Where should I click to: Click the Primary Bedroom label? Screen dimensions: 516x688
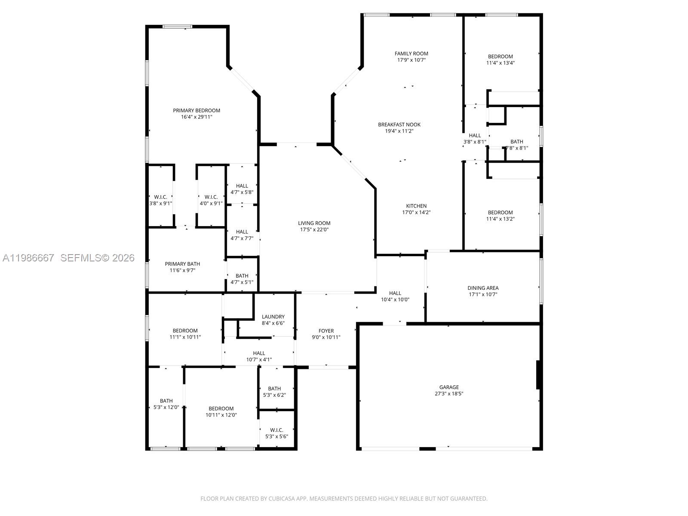[197, 111]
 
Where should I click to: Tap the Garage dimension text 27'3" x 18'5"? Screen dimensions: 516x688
[449, 394]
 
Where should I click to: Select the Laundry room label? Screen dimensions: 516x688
[273, 317]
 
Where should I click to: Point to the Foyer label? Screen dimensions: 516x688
[326, 331]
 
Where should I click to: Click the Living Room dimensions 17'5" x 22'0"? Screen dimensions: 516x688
[314, 230]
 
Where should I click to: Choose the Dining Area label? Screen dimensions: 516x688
[483, 288]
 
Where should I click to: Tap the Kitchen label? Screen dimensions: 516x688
[416, 206]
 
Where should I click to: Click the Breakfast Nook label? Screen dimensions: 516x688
[399, 125]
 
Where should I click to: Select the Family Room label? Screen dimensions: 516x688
[412, 54]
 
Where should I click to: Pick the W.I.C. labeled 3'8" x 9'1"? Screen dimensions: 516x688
[160, 200]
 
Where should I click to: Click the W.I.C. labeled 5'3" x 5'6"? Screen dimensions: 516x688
[276, 433]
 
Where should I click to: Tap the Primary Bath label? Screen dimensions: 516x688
[182, 264]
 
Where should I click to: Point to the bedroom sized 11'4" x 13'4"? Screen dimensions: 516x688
[501, 59]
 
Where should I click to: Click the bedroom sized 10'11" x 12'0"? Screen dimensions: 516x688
[221, 412]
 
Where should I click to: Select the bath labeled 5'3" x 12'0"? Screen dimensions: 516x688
[166, 404]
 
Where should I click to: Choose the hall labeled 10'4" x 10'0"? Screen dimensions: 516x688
[395, 296]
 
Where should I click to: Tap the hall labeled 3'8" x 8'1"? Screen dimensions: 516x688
[475, 138]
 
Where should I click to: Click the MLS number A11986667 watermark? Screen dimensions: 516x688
[28, 258]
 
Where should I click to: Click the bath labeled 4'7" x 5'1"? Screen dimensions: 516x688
[242, 279]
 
